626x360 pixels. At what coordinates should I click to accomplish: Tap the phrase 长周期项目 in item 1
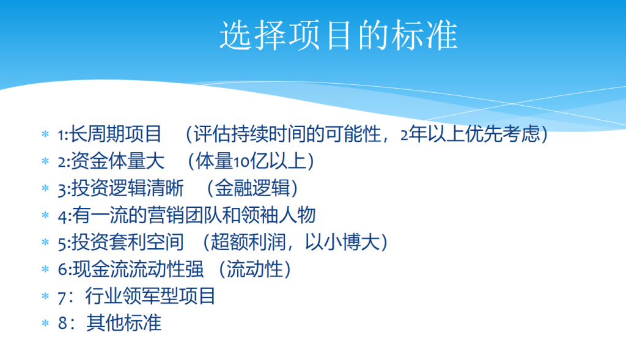point(116,134)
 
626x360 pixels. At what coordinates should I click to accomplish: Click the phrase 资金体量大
point(117,161)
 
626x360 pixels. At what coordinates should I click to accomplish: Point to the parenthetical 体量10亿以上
point(251,161)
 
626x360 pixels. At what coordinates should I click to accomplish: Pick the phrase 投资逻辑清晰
point(127,188)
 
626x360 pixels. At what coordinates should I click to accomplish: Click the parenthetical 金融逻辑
point(252,188)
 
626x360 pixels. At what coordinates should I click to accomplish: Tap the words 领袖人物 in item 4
point(278,215)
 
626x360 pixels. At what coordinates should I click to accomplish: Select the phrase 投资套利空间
point(127,242)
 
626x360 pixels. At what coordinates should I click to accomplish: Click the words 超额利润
point(248,242)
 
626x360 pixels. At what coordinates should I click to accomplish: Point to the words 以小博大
point(342,242)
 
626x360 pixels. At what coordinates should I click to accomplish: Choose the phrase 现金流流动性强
point(138,269)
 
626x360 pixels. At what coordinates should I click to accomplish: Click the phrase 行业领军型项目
point(150,296)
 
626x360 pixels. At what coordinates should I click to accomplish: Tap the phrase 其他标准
point(123,323)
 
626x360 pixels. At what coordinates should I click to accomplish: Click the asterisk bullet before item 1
point(45,134)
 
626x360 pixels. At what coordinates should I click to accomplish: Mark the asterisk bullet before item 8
point(45,323)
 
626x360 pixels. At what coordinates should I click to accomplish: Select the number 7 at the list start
point(62,297)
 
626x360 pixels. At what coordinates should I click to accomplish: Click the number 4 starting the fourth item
point(63,217)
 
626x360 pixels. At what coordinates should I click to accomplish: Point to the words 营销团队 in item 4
point(183,215)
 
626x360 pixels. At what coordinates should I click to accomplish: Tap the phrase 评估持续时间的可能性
point(287,134)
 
